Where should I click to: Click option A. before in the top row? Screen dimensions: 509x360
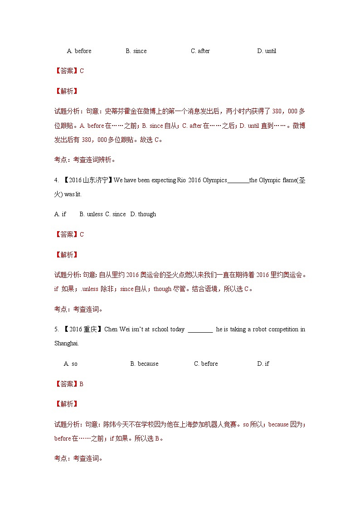click(79, 51)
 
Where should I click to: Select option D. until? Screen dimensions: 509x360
click(267, 51)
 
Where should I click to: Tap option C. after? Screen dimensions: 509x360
click(200, 51)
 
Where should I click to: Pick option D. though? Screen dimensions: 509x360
click(143, 214)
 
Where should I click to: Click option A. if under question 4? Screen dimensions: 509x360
click(60, 214)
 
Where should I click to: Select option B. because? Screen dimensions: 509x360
click(144, 364)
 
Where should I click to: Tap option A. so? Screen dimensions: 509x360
click(71, 364)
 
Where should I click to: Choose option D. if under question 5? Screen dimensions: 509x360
click(263, 364)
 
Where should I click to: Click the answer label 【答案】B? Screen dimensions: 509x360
click(69, 384)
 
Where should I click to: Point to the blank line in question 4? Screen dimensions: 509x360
click(238, 181)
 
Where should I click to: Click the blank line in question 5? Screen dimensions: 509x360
click(200, 330)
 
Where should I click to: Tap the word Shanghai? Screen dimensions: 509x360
click(66, 344)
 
